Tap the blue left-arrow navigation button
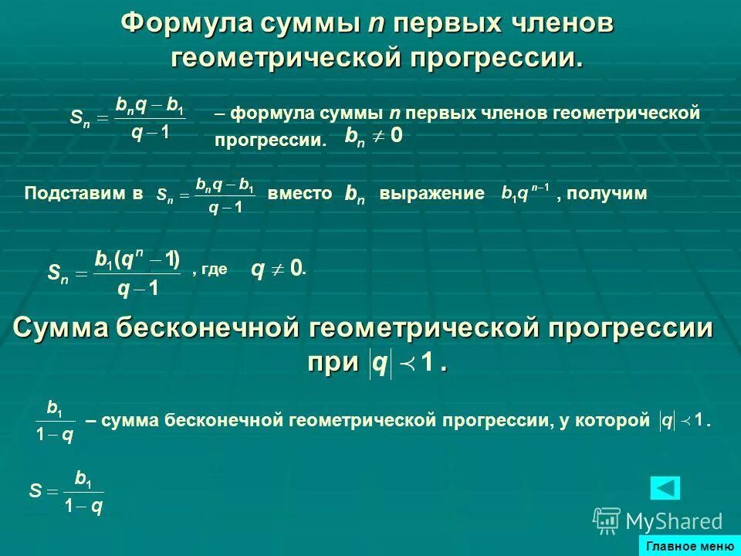click(x=665, y=488)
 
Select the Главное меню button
click(x=690, y=547)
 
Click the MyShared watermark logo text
click(x=673, y=521)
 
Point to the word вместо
click(x=299, y=193)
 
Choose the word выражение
click(x=431, y=193)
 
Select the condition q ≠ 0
click(x=277, y=270)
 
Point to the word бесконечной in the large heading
click(x=208, y=328)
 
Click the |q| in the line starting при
click(x=380, y=363)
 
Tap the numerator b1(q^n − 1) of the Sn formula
click(x=137, y=260)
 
